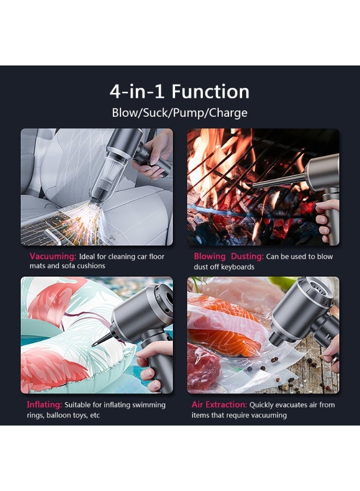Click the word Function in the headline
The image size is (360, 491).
[211, 92]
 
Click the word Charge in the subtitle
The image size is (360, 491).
[228, 113]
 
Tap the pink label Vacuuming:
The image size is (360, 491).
[53, 256]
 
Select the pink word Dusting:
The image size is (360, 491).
[247, 256]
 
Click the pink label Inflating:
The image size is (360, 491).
[44, 405]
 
